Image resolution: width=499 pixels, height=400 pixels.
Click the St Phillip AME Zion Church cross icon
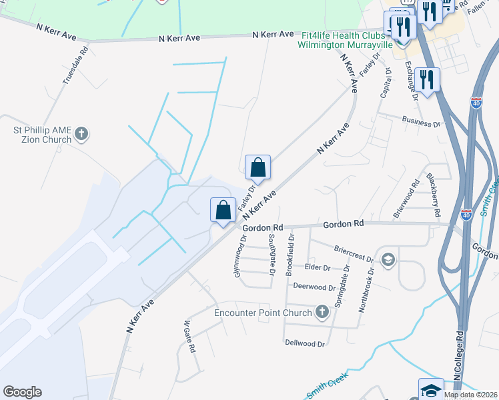click(x=81, y=134)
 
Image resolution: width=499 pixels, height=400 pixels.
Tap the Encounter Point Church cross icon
click(x=322, y=312)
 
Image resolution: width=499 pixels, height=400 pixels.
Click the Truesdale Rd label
click(x=75, y=65)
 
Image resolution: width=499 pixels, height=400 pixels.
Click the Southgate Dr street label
click(x=272, y=255)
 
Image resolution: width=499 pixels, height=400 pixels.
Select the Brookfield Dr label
click(x=290, y=254)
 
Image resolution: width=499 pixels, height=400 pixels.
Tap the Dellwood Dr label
click(x=304, y=344)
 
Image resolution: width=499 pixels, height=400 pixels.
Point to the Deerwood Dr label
click(x=314, y=287)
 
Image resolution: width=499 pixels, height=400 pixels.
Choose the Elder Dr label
click(x=318, y=267)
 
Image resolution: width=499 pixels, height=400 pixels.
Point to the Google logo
click(x=22, y=392)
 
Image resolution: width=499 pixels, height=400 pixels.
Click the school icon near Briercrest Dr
click(x=387, y=259)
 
